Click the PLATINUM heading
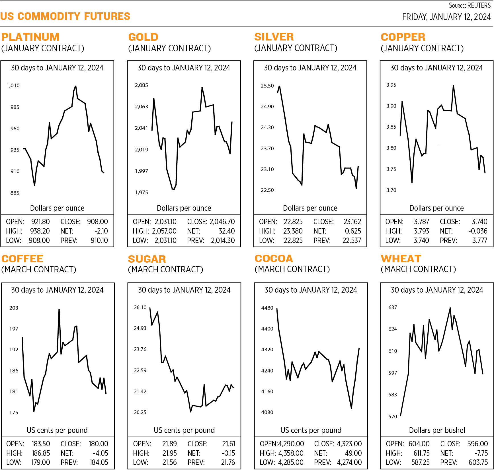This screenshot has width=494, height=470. pyautogui.click(x=30, y=37)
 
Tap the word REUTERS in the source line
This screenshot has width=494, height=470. pyautogui.click(x=479, y=5)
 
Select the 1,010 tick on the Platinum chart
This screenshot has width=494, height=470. pyautogui.click(x=13, y=85)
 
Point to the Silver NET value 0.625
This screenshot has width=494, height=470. pyautogui.click(x=353, y=231)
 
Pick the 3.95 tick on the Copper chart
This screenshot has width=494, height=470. pyautogui.click(x=391, y=85)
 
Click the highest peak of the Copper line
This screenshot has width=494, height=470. pyautogui.click(x=453, y=86)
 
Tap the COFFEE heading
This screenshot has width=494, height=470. pyautogui.click(x=22, y=259)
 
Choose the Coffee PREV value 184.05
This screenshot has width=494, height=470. pyautogui.click(x=99, y=462)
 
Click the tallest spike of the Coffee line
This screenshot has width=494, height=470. pyautogui.click(x=59, y=309)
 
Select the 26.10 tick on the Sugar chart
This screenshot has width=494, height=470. pyautogui.click(x=140, y=307)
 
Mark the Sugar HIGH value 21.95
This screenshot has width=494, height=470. pyautogui.click(x=169, y=453)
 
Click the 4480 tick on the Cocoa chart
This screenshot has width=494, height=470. pyautogui.click(x=267, y=308)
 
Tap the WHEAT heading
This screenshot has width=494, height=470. pyautogui.click(x=401, y=259)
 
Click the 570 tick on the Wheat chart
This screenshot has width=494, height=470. pyautogui.click(x=393, y=417)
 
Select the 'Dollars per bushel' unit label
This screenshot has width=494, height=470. pyautogui.click(x=437, y=430)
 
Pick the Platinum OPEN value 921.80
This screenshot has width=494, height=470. pyautogui.click(x=40, y=222)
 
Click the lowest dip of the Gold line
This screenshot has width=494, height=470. pyautogui.click(x=173, y=189)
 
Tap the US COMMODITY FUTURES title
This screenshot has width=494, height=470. pyautogui.click(x=65, y=16)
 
